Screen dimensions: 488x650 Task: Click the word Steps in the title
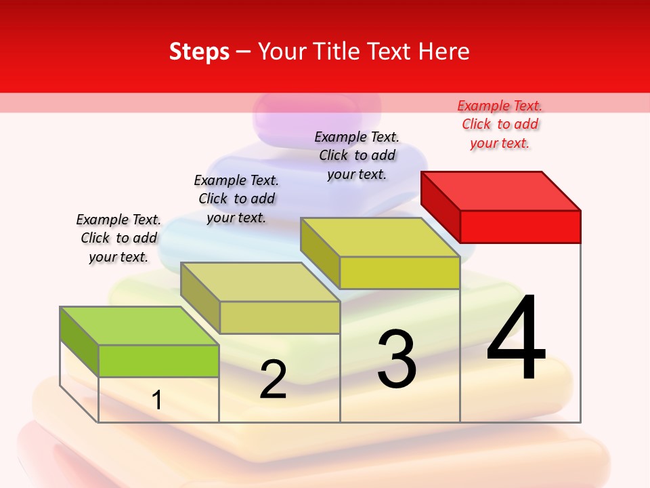coord(199,52)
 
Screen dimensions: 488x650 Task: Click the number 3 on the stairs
coord(397,359)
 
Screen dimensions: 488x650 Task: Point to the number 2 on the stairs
coord(273,380)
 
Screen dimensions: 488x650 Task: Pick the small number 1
coord(157,400)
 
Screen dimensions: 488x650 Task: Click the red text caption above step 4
coord(500,124)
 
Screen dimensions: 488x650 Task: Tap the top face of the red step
coord(500,190)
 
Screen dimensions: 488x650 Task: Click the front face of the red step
coord(520,226)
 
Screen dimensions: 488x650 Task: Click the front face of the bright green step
coord(158,361)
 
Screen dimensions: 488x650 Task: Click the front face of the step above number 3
coord(399,272)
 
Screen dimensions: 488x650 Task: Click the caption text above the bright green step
coord(118,238)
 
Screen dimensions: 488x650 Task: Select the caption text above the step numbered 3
coord(357,155)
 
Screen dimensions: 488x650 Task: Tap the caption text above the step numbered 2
coord(236,199)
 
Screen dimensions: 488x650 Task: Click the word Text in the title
coord(387,52)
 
